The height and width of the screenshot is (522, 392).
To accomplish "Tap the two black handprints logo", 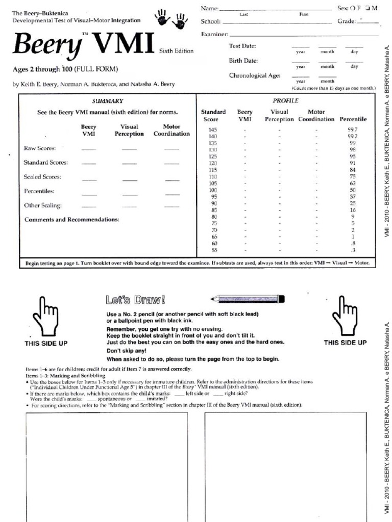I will [x=171, y=19].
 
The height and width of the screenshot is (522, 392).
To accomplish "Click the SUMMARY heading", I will [x=107, y=101].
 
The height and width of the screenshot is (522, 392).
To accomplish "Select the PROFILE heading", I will [x=286, y=101].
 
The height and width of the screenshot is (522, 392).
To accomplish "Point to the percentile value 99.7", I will [x=353, y=130].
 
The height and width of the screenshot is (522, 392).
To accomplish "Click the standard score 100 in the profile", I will [x=213, y=190].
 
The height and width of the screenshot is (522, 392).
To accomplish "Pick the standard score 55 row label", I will [x=214, y=250].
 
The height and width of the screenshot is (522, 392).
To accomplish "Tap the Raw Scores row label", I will [x=40, y=148].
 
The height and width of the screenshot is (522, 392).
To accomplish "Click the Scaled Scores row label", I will [x=42, y=177].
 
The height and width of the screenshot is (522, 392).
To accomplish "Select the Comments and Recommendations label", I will [x=72, y=220].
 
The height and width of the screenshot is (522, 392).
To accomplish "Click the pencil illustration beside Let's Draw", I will [x=247, y=299].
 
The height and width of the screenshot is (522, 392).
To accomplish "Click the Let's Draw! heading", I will [x=135, y=299].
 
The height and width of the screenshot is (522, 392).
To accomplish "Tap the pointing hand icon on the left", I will [x=45, y=316].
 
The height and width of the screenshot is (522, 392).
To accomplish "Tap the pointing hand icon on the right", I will [x=345, y=316].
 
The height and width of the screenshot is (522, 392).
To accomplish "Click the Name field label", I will [x=210, y=9].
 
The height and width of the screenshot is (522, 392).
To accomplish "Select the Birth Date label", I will [x=243, y=61].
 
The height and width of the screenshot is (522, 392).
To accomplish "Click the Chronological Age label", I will [x=254, y=75].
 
